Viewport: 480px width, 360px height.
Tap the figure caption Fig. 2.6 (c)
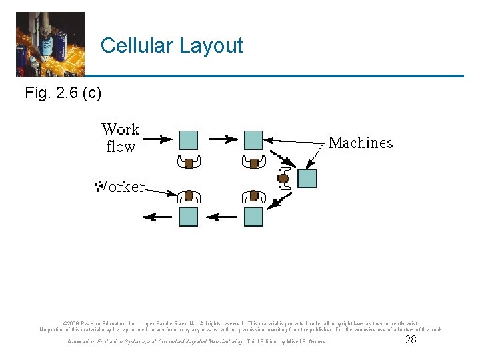point(63,93)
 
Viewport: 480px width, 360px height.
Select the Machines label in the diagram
point(361,143)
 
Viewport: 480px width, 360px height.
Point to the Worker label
point(119,186)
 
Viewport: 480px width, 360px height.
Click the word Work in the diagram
point(120,129)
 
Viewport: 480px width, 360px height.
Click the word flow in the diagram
point(121,146)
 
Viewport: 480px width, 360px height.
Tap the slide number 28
point(411,340)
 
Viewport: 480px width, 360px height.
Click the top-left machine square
point(189,140)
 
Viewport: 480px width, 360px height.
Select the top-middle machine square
point(253,140)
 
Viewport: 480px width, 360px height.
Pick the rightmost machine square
point(307,179)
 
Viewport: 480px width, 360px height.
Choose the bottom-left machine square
point(189,217)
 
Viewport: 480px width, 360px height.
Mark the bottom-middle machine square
point(253,217)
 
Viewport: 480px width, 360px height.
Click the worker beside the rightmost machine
point(283,178)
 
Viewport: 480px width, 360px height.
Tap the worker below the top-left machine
point(189,162)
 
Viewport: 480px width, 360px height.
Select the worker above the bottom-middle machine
point(253,196)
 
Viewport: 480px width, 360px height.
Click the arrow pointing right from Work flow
point(157,140)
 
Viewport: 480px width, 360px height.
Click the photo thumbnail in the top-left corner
point(50,44)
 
